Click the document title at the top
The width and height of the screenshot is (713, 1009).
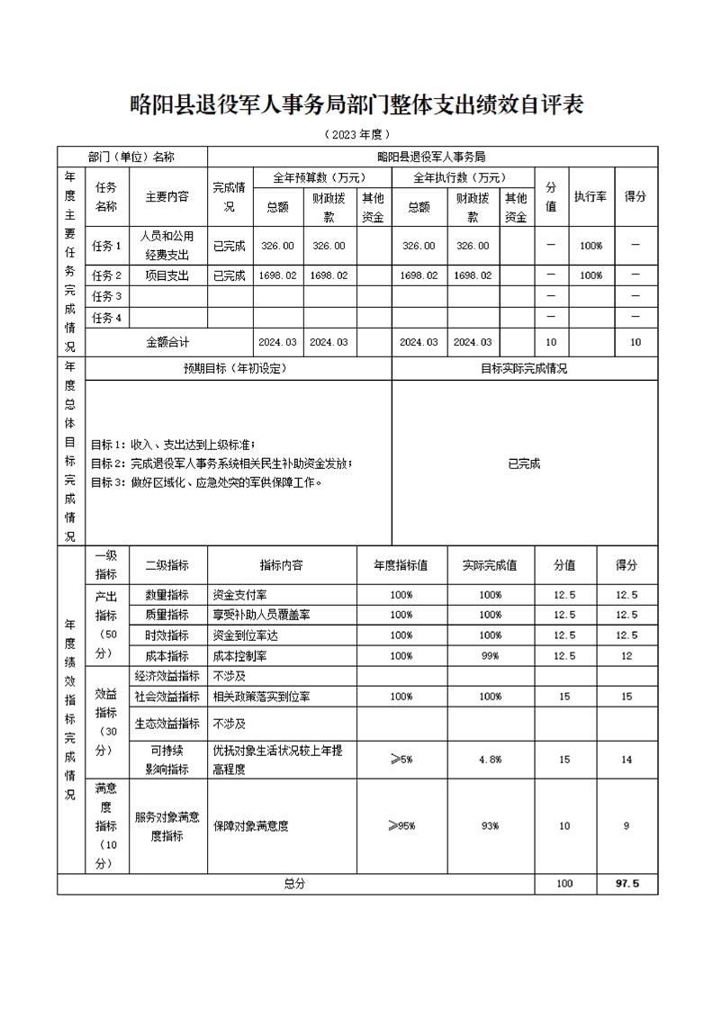pyautogui.click(x=356, y=105)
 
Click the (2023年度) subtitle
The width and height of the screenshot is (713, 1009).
pyautogui.click(x=356, y=135)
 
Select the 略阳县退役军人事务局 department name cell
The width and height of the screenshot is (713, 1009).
pyautogui.click(x=432, y=157)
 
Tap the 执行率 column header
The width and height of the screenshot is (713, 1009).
pyautogui.click(x=591, y=195)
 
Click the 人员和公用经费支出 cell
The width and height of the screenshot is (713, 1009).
pyautogui.click(x=167, y=245)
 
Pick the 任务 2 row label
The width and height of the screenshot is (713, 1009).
pyautogui.click(x=106, y=275)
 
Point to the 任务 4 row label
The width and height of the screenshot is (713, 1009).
pyautogui.click(x=106, y=318)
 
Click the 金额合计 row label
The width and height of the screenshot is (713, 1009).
pyautogui.click(x=168, y=342)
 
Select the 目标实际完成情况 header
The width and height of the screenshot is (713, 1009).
pyautogui.click(x=524, y=368)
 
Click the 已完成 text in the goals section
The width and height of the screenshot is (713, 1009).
pyautogui.click(x=524, y=464)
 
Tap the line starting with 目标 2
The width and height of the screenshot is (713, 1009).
pyautogui.click(x=221, y=464)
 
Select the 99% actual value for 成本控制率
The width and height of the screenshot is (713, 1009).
pyautogui.click(x=490, y=656)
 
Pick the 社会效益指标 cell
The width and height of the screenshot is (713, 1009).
pyautogui.click(x=167, y=697)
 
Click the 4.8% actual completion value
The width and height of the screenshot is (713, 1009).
pyautogui.click(x=490, y=760)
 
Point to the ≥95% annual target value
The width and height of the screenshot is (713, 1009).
pyautogui.click(x=402, y=825)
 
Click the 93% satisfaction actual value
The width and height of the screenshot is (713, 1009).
pyautogui.click(x=490, y=826)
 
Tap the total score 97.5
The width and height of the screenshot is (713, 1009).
pyautogui.click(x=627, y=884)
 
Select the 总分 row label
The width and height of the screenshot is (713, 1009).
pyautogui.click(x=294, y=884)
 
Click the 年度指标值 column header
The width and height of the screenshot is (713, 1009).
pyautogui.click(x=402, y=565)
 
